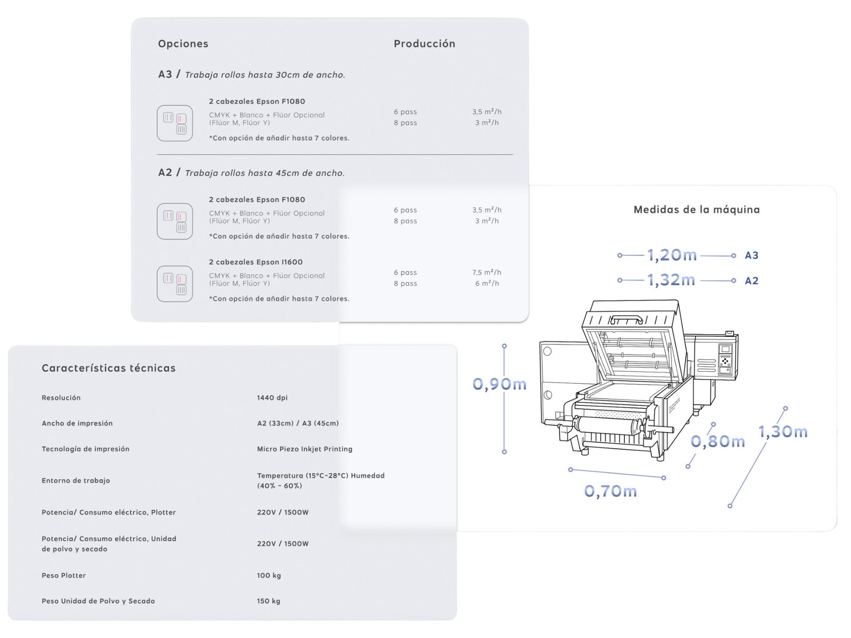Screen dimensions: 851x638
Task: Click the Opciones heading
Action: click(183, 43)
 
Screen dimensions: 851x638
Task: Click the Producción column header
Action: click(424, 43)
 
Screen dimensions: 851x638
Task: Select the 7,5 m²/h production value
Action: click(487, 272)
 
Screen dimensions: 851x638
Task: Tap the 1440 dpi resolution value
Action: click(272, 397)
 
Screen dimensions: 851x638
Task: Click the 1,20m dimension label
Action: click(672, 255)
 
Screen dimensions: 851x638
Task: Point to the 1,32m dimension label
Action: click(671, 280)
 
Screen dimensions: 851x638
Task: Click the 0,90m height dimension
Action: click(500, 384)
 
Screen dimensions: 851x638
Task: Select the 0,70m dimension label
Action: click(610, 491)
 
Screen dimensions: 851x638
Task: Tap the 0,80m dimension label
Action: click(718, 441)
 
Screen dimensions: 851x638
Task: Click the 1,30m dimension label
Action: click(783, 432)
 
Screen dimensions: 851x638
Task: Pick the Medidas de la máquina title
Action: click(696, 210)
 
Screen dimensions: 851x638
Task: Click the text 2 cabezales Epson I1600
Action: click(256, 262)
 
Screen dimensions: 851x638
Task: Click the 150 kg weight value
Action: click(269, 601)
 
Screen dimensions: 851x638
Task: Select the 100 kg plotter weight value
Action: click(269, 575)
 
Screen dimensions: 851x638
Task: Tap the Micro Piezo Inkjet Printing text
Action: click(304, 449)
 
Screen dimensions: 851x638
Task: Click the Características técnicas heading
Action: click(109, 368)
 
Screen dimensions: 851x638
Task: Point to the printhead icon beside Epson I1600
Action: click(175, 284)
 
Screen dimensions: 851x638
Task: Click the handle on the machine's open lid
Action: click(627, 319)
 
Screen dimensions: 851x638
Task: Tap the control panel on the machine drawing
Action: click(725, 359)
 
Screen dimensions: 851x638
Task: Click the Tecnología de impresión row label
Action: click(86, 449)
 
